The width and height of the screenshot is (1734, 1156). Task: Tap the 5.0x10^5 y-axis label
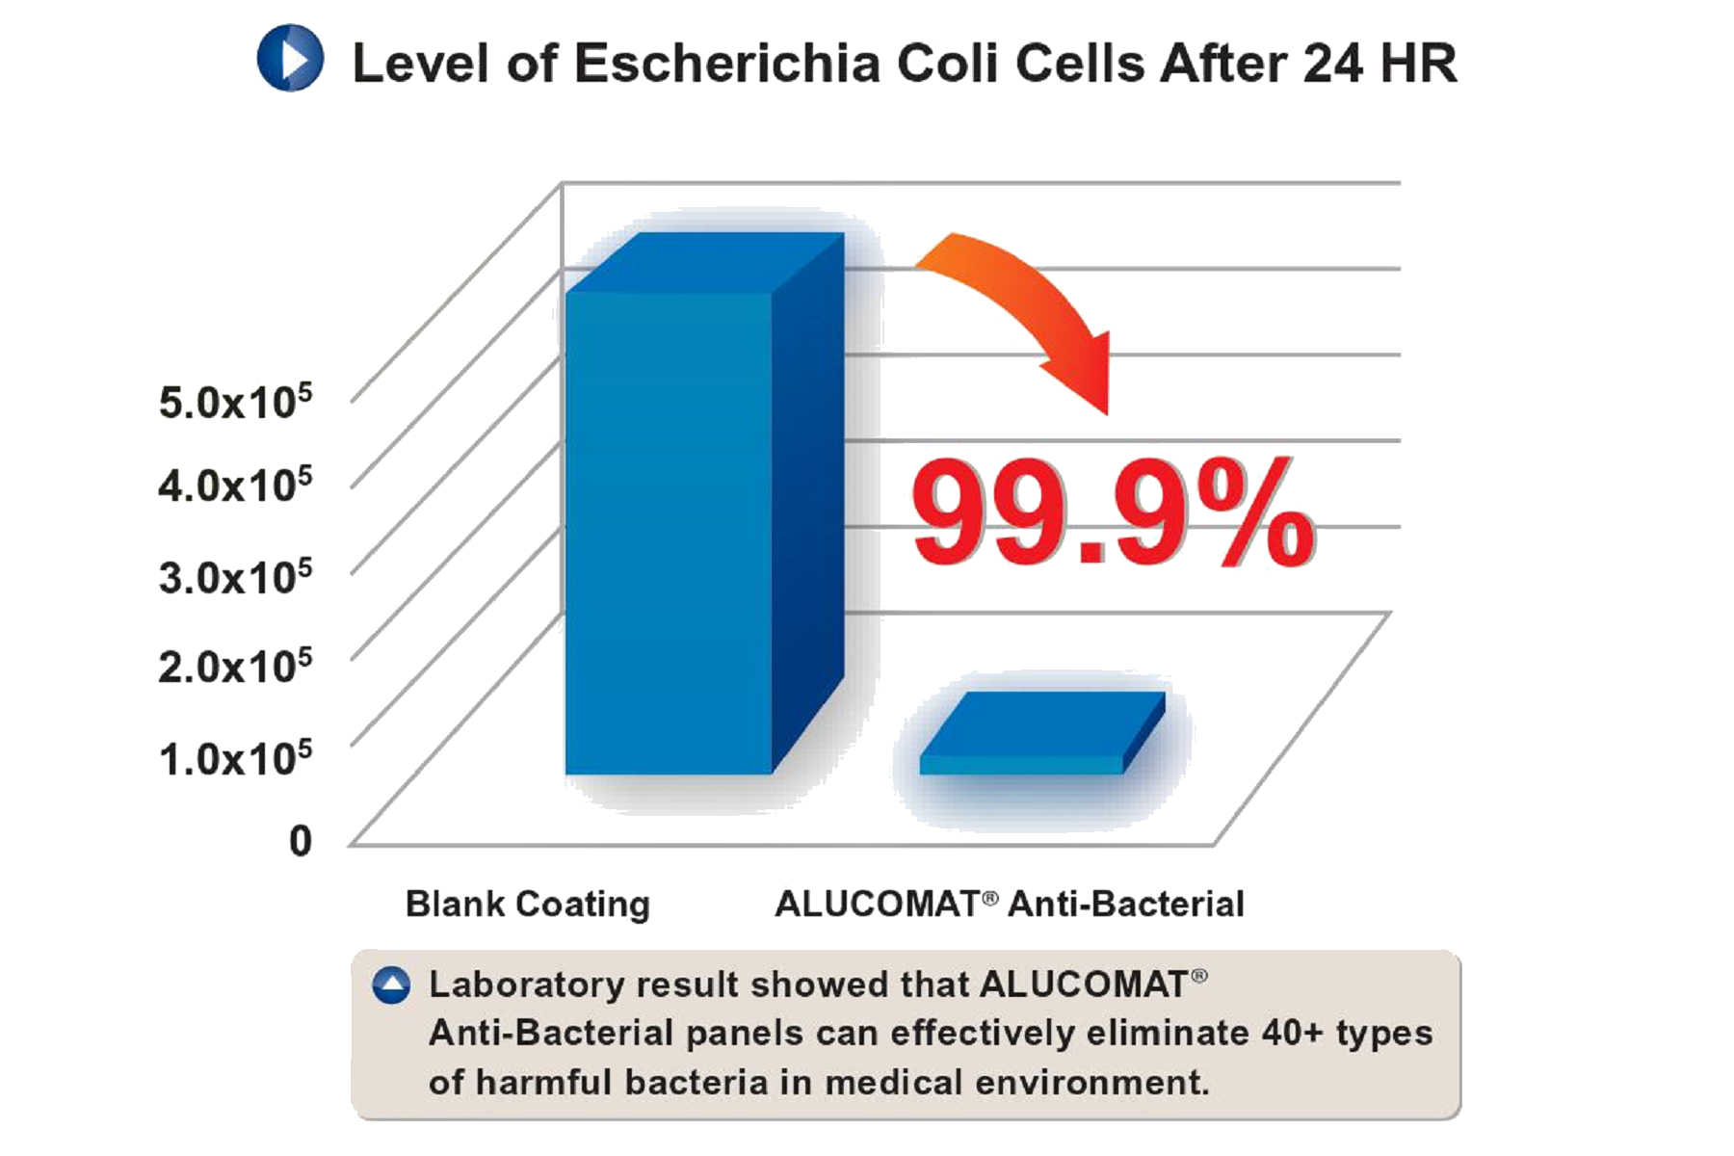pyautogui.click(x=235, y=401)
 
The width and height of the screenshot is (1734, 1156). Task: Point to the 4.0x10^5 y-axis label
pyautogui.click(x=235, y=484)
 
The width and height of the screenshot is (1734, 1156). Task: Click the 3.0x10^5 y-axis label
pyautogui.click(x=235, y=576)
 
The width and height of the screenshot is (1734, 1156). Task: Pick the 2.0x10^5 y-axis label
pyautogui.click(x=235, y=666)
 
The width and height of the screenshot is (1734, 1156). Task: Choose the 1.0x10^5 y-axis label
pyautogui.click(x=235, y=757)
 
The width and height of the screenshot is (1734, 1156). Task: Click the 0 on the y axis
pyautogui.click(x=301, y=841)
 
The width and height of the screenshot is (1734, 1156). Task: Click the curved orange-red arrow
pyautogui.click(x=1040, y=299)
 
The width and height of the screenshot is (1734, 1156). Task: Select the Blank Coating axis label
pyautogui.click(x=528, y=905)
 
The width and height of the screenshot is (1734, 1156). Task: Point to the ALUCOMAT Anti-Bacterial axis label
pyautogui.click(x=1010, y=905)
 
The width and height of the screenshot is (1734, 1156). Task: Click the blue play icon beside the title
pyautogui.click(x=290, y=59)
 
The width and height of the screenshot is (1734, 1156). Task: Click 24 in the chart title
pyautogui.click(x=1332, y=65)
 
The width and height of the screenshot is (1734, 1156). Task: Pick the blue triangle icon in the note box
pyautogui.click(x=391, y=985)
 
